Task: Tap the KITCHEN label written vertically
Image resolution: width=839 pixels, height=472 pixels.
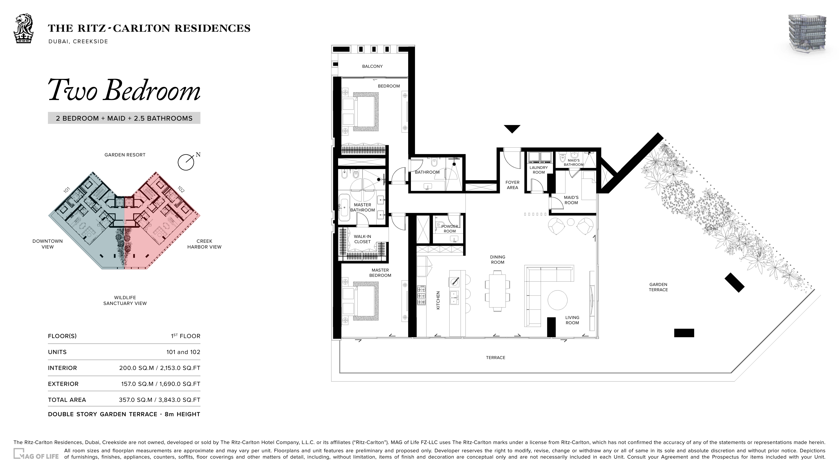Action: point(438,300)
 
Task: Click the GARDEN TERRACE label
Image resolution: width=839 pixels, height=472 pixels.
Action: point(658,287)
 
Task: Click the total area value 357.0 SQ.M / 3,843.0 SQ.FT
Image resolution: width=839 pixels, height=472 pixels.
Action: point(160,400)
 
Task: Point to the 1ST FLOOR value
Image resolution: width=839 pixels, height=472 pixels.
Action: point(186,336)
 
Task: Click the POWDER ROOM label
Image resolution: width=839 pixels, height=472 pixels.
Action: point(450,229)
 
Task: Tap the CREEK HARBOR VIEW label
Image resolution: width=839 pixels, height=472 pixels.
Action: point(204,244)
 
